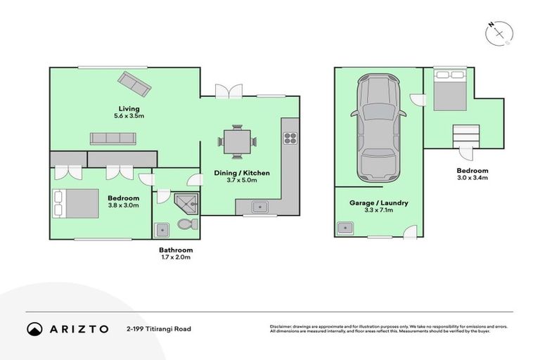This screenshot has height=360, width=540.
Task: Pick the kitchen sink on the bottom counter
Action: point(259,207)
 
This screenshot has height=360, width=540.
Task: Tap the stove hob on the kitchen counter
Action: point(289,139)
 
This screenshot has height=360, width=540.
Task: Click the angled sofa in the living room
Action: point(134,84)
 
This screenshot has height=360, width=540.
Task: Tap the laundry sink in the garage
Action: point(345,227)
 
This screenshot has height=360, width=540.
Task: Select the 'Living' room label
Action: point(128,108)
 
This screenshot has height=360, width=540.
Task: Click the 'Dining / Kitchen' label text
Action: point(242,173)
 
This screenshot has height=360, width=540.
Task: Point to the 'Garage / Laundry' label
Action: point(378,203)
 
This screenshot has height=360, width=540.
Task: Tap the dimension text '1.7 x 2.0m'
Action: point(175,257)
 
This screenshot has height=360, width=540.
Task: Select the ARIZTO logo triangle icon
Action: point(34,328)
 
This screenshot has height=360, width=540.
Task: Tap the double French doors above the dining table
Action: point(229,91)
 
